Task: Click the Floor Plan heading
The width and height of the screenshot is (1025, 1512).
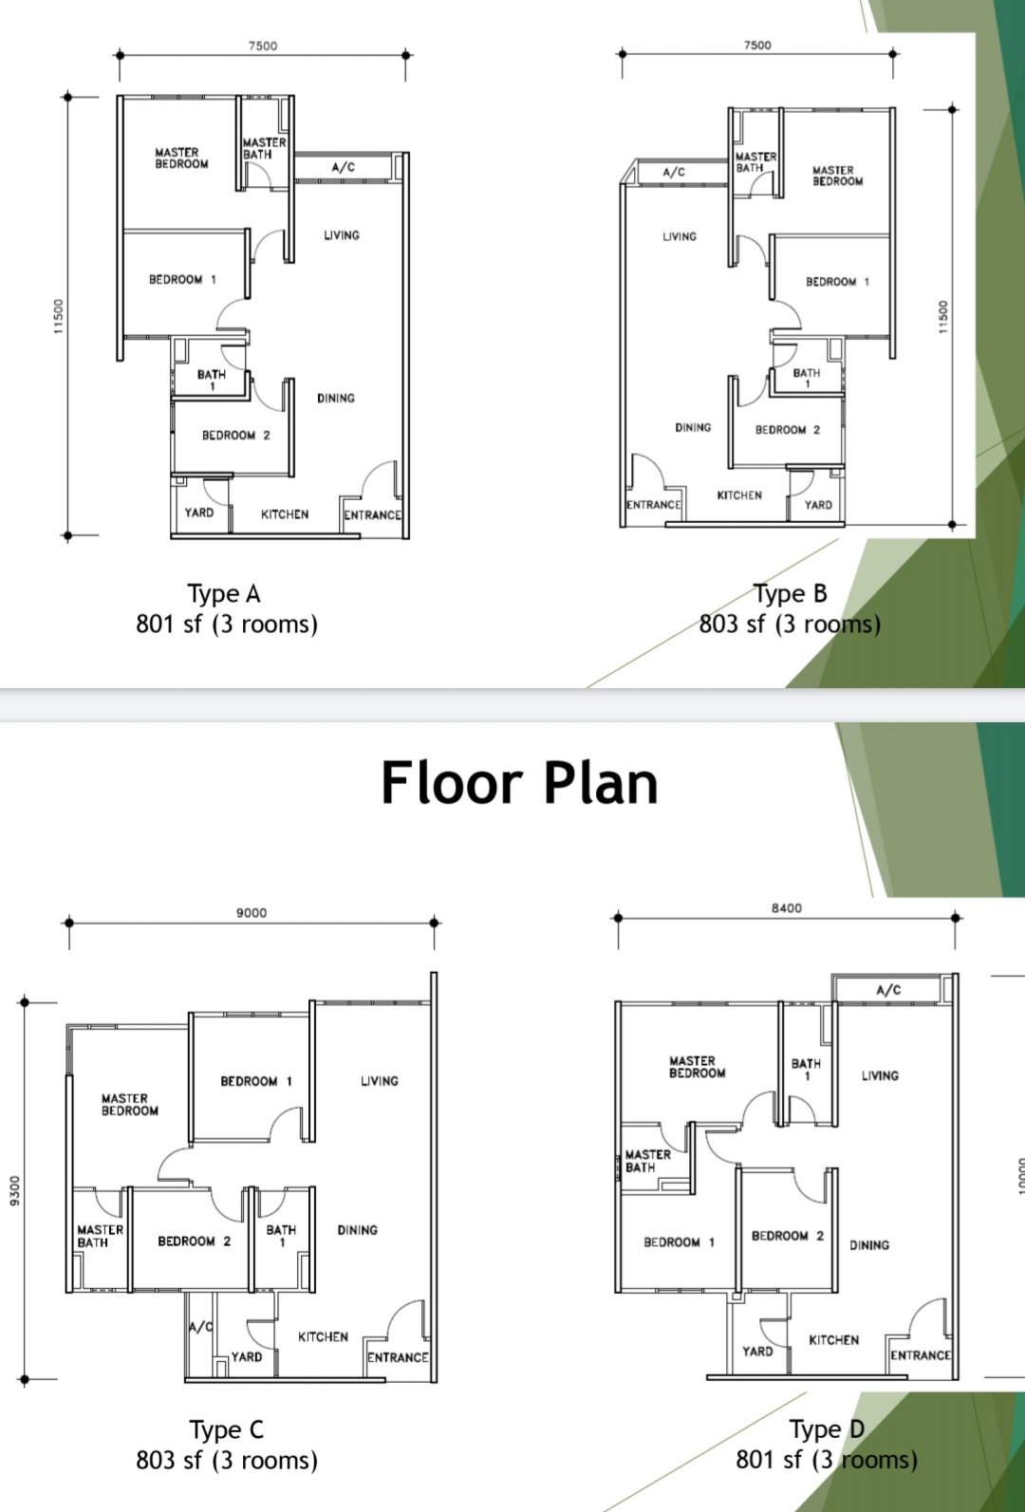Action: point(519,783)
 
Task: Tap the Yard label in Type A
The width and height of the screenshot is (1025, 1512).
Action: point(199,513)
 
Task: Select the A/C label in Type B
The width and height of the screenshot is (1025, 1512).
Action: point(674,172)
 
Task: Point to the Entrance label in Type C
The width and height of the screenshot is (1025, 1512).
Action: point(398,1357)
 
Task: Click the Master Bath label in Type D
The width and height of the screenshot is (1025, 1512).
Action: point(648,1161)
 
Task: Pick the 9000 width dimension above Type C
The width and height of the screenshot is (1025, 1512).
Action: point(251,912)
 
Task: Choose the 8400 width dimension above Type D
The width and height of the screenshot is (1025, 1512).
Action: point(787,908)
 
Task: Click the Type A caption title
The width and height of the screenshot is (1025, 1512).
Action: point(224,594)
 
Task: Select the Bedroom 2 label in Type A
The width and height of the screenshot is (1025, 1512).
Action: point(235,436)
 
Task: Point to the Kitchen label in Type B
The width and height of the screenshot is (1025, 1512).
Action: point(739,495)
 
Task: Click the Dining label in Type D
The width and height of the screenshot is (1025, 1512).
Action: point(869,1244)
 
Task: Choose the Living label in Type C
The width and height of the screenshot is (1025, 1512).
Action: point(380,1081)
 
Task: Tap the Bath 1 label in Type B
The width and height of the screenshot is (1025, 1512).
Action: point(807,378)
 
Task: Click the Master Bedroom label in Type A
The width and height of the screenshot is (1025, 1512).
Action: point(181,158)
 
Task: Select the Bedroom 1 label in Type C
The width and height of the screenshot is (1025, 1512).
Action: point(255,1081)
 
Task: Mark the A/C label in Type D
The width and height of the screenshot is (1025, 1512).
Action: point(888,990)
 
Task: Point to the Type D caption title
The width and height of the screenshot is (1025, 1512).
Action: point(827,1429)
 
